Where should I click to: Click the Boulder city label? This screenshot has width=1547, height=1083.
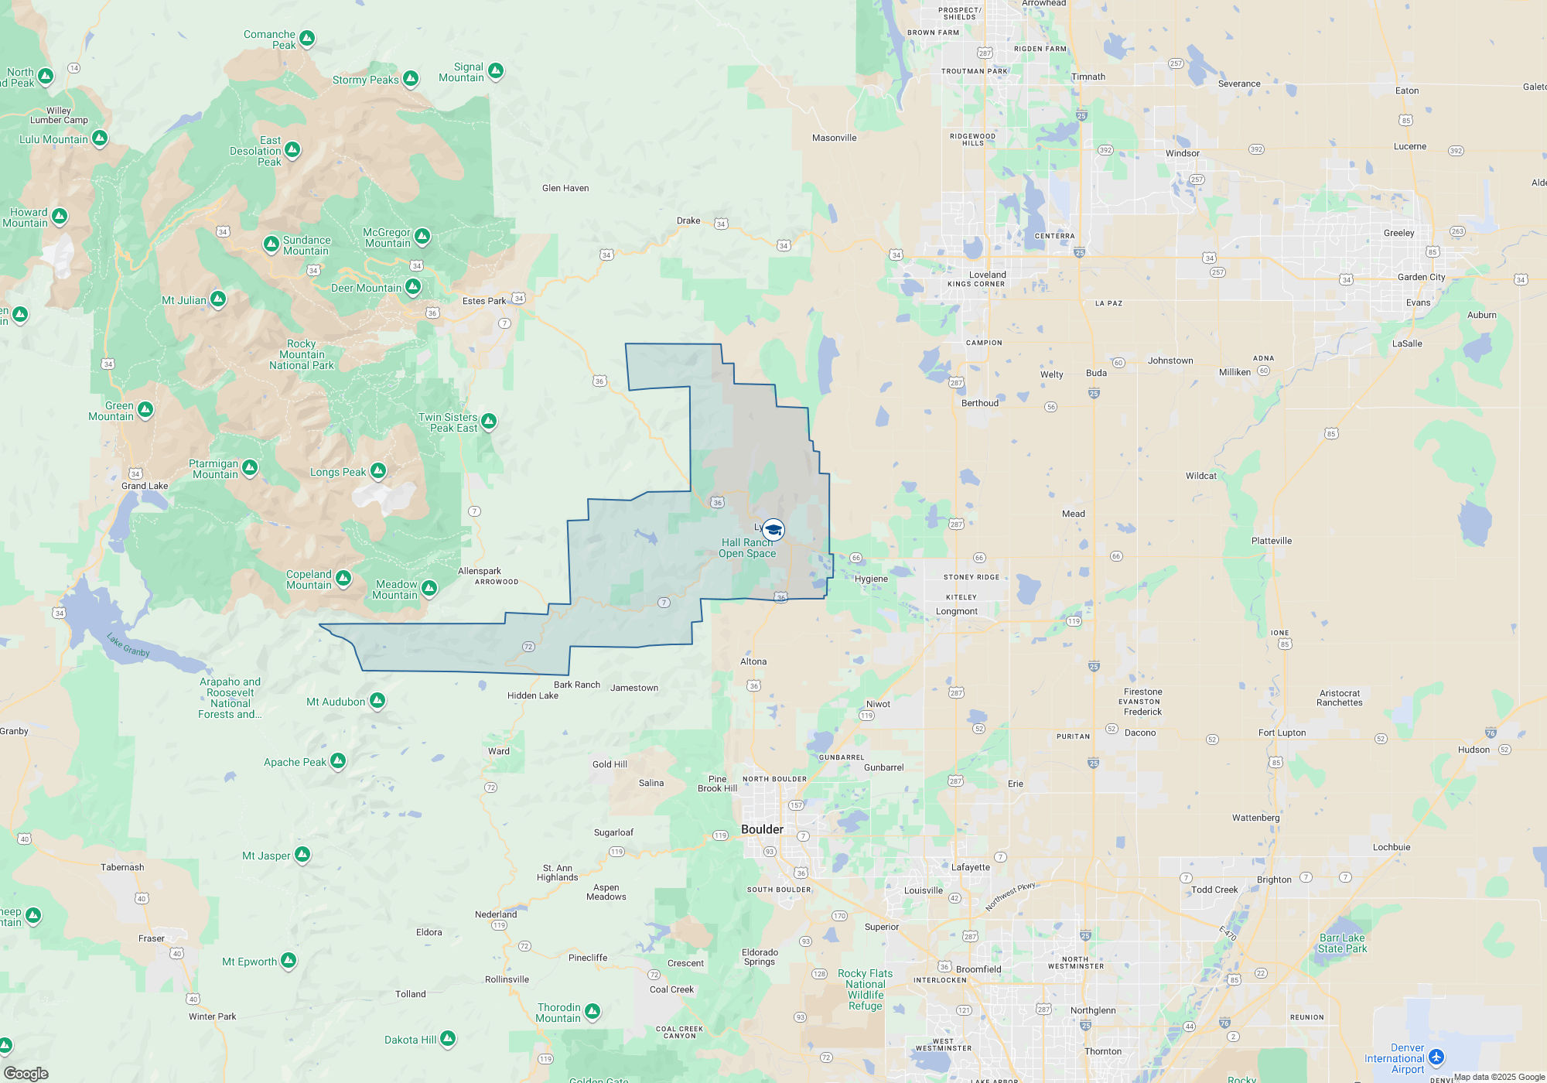coord(762,829)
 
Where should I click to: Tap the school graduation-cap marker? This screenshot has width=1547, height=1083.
coord(773,530)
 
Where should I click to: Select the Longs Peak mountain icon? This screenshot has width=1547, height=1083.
coord(377,470)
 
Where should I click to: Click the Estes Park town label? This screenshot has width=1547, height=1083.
coord(484,301)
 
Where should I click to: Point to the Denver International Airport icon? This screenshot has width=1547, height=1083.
coord(1436,1057)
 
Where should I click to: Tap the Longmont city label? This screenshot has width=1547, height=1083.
coord(957,611)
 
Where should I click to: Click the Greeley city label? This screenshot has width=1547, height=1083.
coord(1398,233)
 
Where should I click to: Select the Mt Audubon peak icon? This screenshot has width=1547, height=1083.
coord(377,701)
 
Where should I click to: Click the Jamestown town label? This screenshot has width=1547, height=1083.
coord(634,688)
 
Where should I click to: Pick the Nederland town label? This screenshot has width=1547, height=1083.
coord(496,914)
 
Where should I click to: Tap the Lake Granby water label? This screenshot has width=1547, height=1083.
coord(128,645)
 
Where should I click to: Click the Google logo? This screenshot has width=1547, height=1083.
coord(26,1074)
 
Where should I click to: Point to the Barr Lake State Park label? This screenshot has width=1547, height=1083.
coord(1343,943)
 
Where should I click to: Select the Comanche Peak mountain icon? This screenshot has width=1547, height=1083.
coord(307,38)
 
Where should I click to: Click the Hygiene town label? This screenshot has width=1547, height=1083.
coord(871,579)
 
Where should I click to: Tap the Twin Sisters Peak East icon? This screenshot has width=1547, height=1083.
coord(489,422)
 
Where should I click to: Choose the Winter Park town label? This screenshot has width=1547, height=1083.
coord(213,1016)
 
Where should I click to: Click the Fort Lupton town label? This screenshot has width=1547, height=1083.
coord(1282,733)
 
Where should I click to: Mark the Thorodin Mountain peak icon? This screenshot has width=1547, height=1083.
coord(592,1011)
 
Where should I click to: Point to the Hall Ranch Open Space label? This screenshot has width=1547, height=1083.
coord(747,548)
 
